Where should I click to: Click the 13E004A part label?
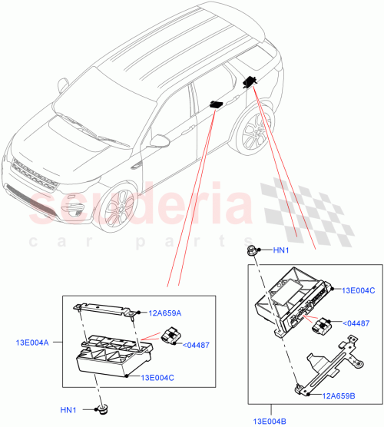(x=31, y=343)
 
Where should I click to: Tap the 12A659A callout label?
(x=165, y=313)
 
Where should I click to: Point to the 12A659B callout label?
(x=338, y=396)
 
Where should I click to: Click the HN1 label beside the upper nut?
(x=281, y=250)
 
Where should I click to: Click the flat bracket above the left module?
(x=105, y=309)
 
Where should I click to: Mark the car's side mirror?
(x=159, y=141)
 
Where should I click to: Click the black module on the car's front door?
(x=215, y=104)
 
